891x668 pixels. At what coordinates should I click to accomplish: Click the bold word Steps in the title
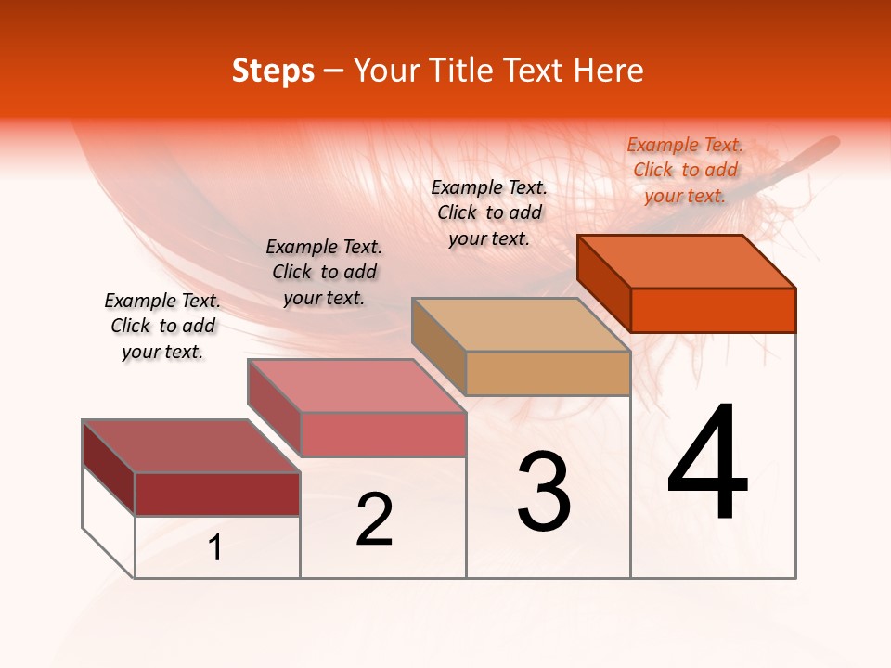tap(273, 71)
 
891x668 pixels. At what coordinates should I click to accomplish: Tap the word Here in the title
tap(609, 71)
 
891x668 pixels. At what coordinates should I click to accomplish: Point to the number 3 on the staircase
tap(543, 492)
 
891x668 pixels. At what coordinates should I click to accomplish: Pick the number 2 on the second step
tap(374, 520)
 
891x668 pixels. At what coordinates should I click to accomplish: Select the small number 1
tap(215, 548)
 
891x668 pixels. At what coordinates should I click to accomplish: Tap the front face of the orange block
tap(713, 310)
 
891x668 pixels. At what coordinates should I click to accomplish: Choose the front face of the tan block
tap(548, 374)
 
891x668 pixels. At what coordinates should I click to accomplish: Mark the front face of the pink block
tap(382, 435)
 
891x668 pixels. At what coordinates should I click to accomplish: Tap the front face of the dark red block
tap(217, 495)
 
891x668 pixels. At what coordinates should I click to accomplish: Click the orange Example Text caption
tap(685, 170)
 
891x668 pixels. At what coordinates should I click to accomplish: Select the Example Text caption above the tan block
tap(489, 212)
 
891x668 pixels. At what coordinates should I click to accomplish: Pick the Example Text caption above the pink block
tap(324, 272)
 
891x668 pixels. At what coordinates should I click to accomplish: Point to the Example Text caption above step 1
tap(162, 326)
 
